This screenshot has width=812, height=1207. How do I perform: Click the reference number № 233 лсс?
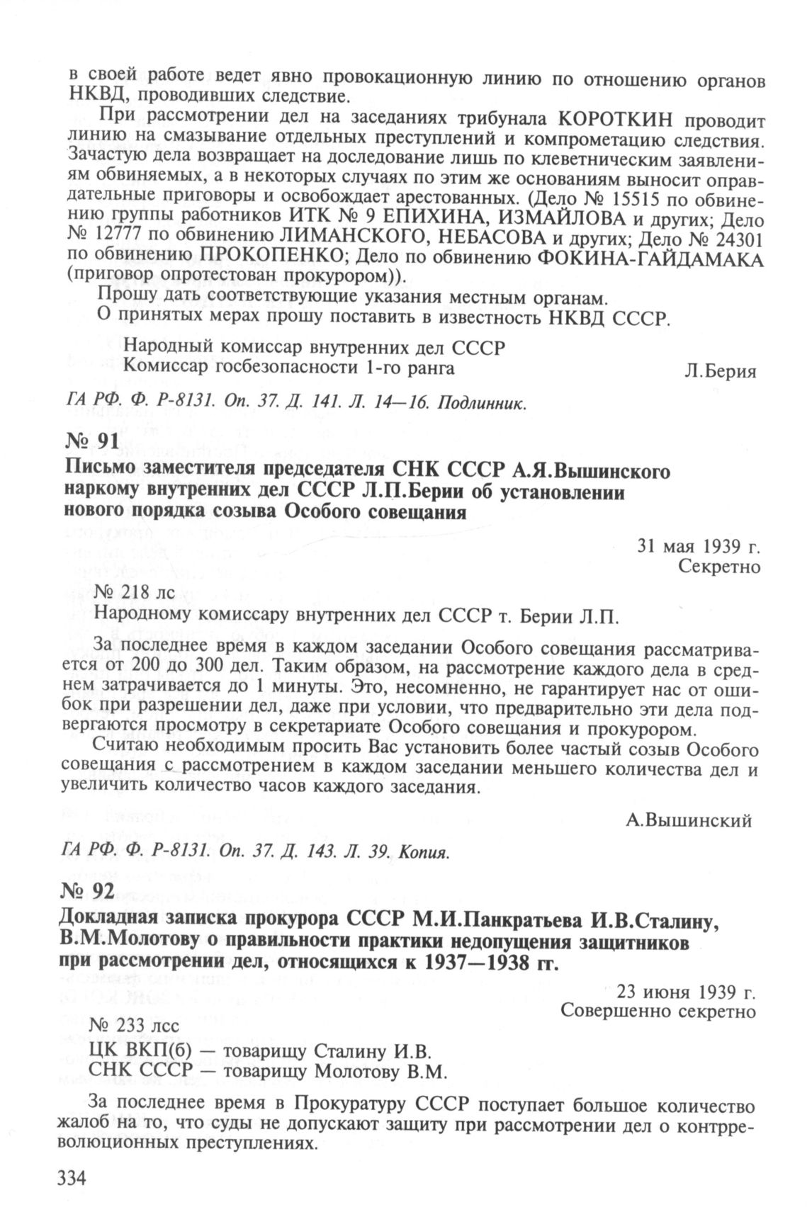[125, 1026]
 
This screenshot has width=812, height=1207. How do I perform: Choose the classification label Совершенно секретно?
[658, 1011]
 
